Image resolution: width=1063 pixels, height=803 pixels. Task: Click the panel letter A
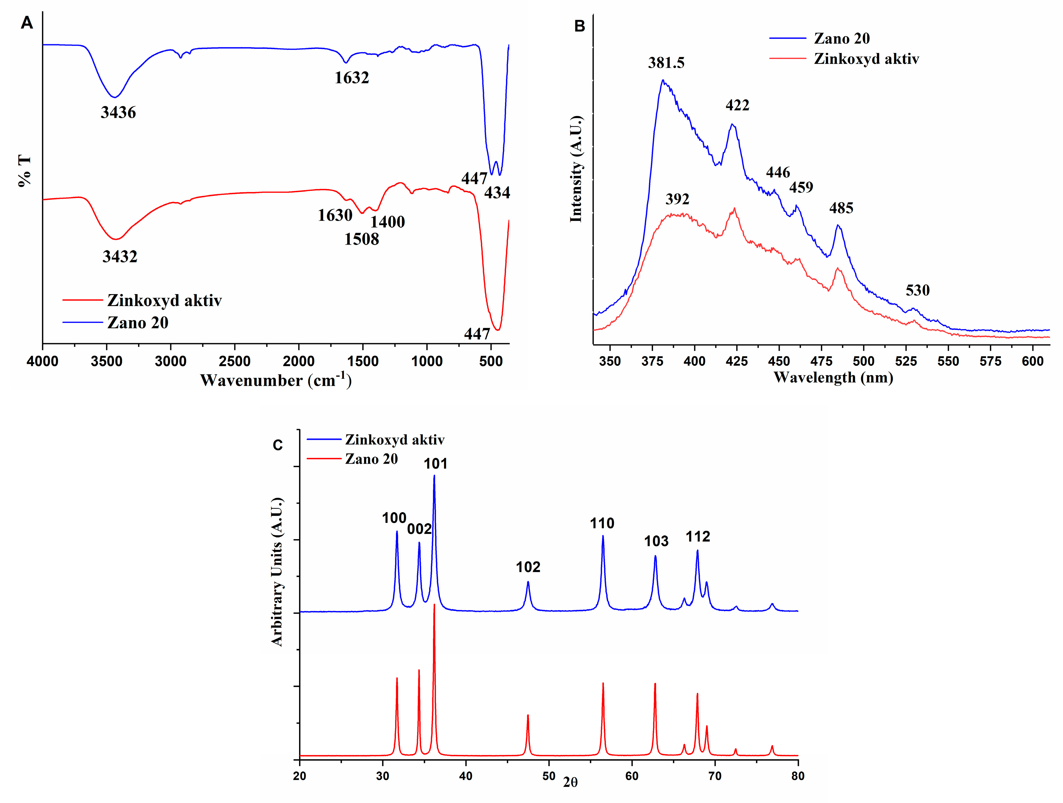pos(27,23)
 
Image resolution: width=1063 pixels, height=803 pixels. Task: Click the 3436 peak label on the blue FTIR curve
pos(118,112)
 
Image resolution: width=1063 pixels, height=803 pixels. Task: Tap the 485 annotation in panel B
pos(841,208)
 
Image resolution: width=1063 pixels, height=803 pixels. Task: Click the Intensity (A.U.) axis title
pos(576,169)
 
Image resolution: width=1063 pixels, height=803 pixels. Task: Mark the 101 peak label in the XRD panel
pos(435,463)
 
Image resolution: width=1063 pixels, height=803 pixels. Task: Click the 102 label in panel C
pos(528,567)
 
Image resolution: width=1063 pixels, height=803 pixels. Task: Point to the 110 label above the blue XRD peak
pos(602,523)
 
